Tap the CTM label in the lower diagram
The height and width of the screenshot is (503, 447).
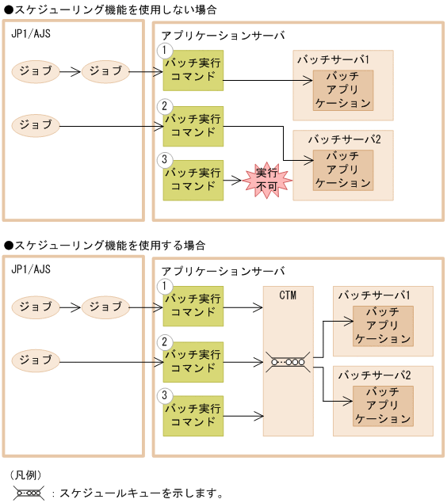pos(288,295)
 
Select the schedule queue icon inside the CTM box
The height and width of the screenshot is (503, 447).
pos(288,362)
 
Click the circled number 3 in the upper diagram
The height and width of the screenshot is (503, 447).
pos(165,159)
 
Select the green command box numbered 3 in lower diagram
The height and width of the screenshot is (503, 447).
pos(193,415)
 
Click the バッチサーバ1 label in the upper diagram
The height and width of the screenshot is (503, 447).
pos(333,59)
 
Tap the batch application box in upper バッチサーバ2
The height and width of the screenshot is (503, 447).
pos(342,169)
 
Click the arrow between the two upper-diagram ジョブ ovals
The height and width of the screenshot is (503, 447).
pos(71,71)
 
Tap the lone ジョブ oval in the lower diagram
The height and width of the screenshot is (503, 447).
pos(36,361)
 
